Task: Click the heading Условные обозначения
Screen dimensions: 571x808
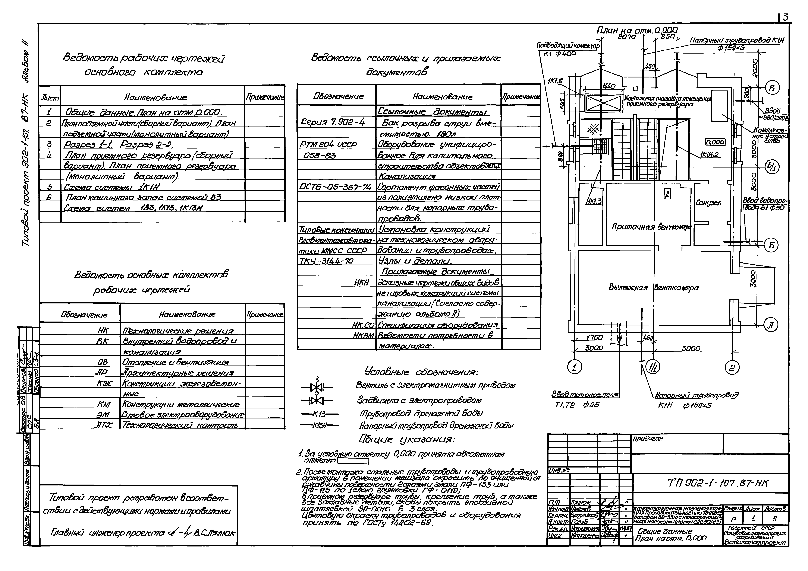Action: [x=421, y=372]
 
